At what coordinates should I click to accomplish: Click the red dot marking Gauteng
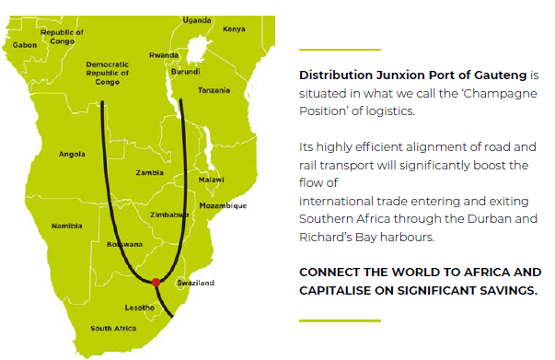click(156, 282)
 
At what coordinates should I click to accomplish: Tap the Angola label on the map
click(72, 154)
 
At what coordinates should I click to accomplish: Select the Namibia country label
click(67, 226)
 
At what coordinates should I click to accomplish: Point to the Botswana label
click(125, 244)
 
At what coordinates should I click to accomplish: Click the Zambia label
click(149, 172)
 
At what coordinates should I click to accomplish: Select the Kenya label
click(234, 29)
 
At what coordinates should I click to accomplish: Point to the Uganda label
click(197, 19)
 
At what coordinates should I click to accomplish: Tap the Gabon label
click(25, 44)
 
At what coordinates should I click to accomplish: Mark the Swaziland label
click(194, 283)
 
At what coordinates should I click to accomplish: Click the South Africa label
click(113, 329)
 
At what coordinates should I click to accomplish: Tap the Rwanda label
click(164, 54)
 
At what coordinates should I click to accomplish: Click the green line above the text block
click(340, 49)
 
